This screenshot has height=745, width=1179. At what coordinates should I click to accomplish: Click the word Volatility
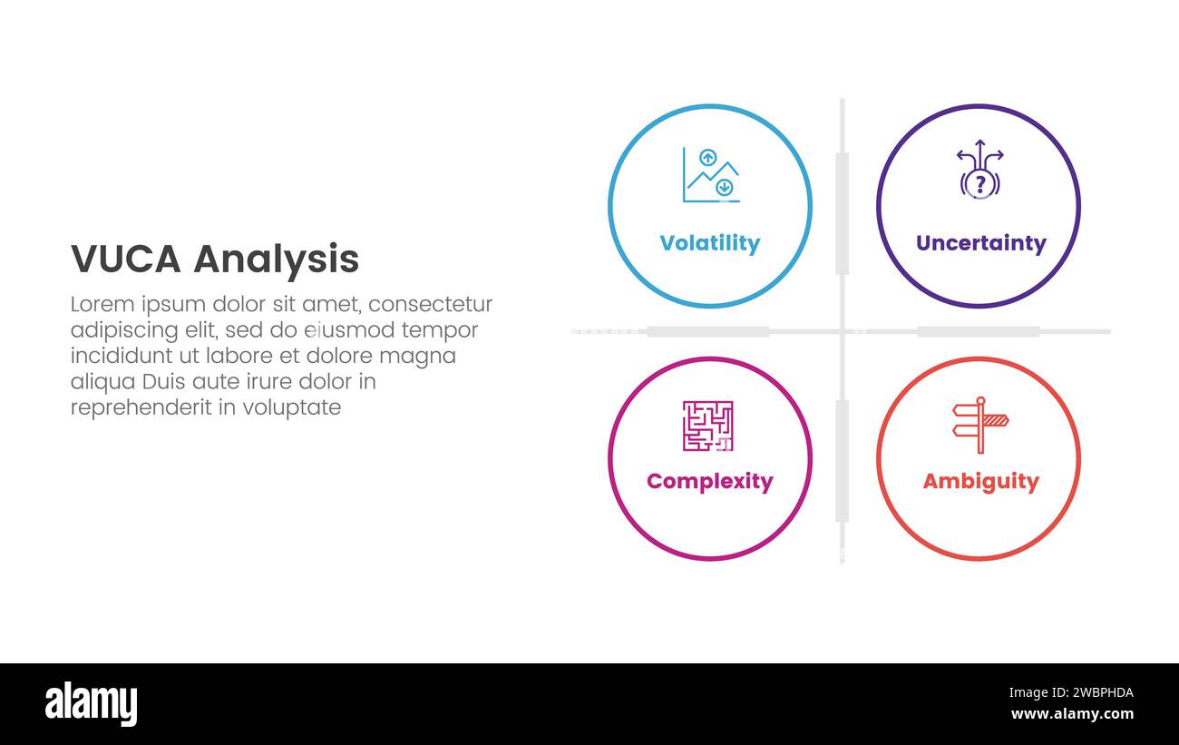coord(709,243)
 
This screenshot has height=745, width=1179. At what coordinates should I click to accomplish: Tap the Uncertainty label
coord(980,243)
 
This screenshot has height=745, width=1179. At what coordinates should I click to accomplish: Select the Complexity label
coord(709,481)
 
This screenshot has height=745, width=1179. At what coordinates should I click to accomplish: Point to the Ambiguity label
coord(980,481)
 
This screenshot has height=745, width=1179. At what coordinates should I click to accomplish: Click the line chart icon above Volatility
coord(710,175)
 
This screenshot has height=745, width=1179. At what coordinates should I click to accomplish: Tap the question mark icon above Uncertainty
coord(979,171)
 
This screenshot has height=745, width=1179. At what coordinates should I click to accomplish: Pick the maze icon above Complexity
coord(707,426)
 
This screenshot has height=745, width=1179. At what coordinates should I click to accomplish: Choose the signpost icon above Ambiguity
coord(979,424)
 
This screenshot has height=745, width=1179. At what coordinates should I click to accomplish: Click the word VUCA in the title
coord(126,260)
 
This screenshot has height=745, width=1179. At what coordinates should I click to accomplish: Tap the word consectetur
coord(431,304)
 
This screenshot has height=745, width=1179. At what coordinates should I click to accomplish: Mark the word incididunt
coord(117,356)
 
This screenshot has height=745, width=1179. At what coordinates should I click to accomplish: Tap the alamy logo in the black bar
coord(91,704)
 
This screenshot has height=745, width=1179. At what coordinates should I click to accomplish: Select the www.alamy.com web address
coord(1072,714)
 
